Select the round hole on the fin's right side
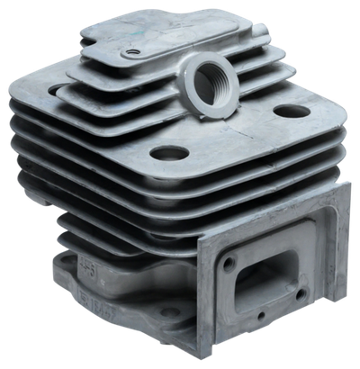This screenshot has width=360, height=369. coord(290,113)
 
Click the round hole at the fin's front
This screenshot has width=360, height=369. coord(168,155)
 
